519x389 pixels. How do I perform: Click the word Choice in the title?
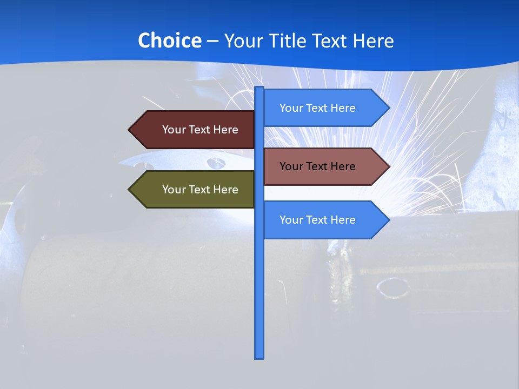coord(169,41)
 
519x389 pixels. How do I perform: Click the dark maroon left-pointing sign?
coord(195,130)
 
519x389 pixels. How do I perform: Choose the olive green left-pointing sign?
coord(195,190)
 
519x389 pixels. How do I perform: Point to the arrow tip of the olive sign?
coord(130,190)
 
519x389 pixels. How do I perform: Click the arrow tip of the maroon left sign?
coord(130,130)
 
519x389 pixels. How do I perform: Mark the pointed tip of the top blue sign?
coord(388,108)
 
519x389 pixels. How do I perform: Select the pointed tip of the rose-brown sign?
coord(388,166)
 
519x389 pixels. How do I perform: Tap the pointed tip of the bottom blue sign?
coord(388,220)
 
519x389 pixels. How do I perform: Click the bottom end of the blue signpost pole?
coord(259,357)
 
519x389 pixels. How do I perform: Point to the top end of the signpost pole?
coord(259,88)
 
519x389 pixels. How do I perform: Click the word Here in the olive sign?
coord(225,190)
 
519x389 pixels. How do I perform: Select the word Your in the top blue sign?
coord(291,108)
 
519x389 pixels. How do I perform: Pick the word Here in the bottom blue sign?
coord(343,220)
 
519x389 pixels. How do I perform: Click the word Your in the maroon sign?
coord(174,130)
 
